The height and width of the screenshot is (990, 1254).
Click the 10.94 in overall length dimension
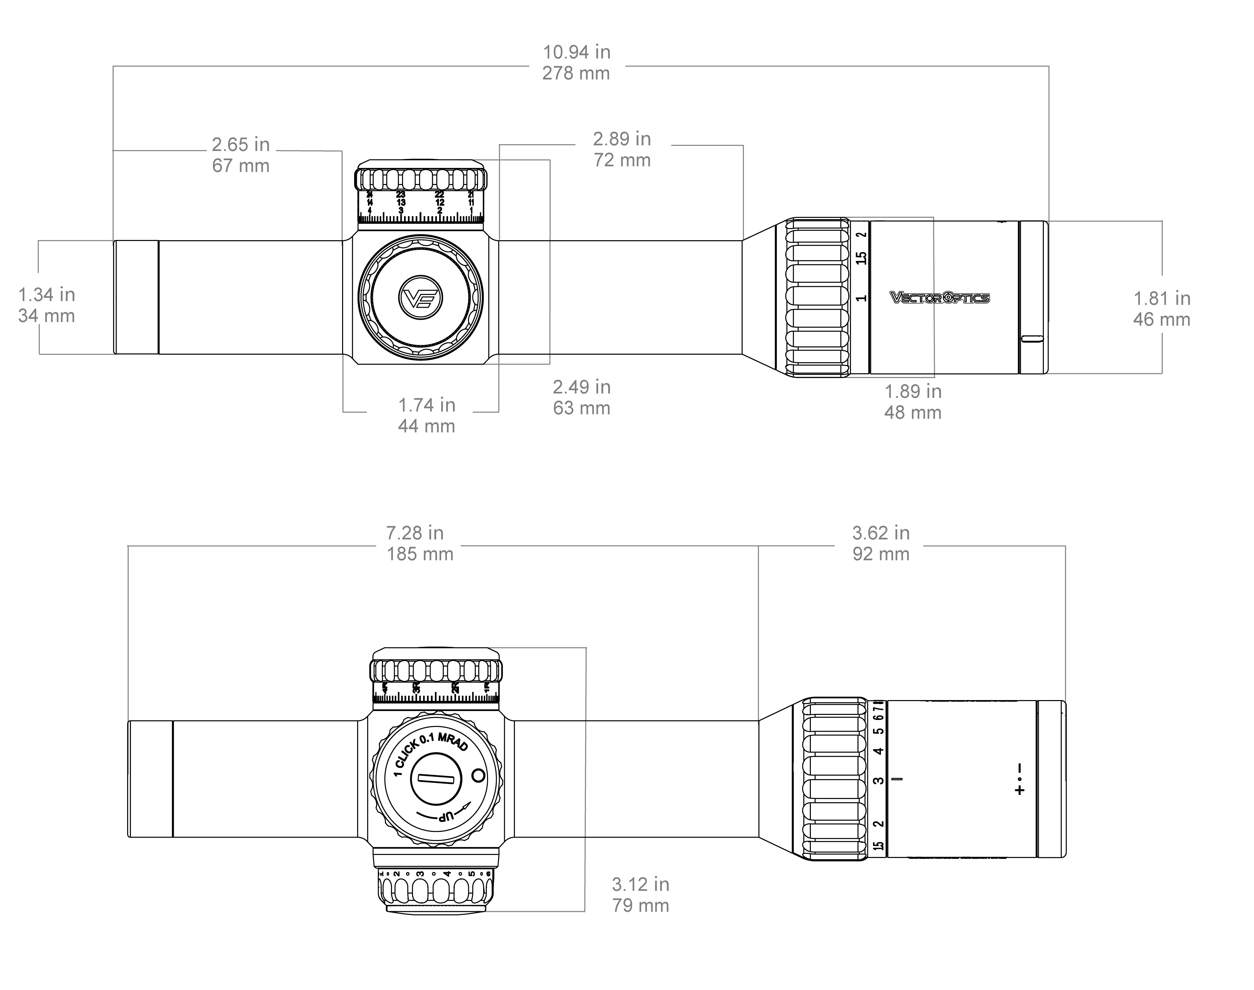(x=576, y=63)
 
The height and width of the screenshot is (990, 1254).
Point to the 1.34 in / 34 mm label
(x=46, y=305)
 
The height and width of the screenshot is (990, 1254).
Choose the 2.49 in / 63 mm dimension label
(x=582, y=397)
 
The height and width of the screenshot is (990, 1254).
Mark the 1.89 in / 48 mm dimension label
(x=913, y=402)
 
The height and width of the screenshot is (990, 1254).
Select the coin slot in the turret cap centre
(x=436, y=780)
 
